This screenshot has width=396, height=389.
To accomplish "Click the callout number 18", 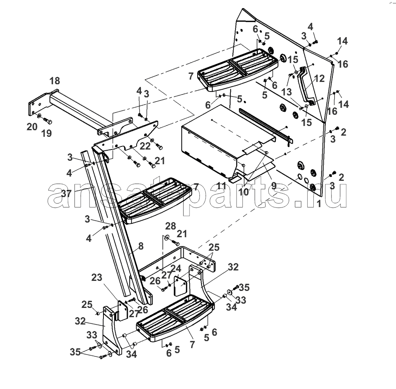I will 55,81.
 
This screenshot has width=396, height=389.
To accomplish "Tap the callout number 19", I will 46,134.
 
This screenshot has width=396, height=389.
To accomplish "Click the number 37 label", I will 66,193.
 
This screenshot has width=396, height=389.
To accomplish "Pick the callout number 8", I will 140,245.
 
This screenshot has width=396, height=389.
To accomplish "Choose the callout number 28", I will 170,226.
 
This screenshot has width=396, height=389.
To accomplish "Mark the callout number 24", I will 176,268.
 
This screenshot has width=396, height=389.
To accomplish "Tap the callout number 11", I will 221,185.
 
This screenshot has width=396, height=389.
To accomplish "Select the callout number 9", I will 274,185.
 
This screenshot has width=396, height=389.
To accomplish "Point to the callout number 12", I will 319,79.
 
